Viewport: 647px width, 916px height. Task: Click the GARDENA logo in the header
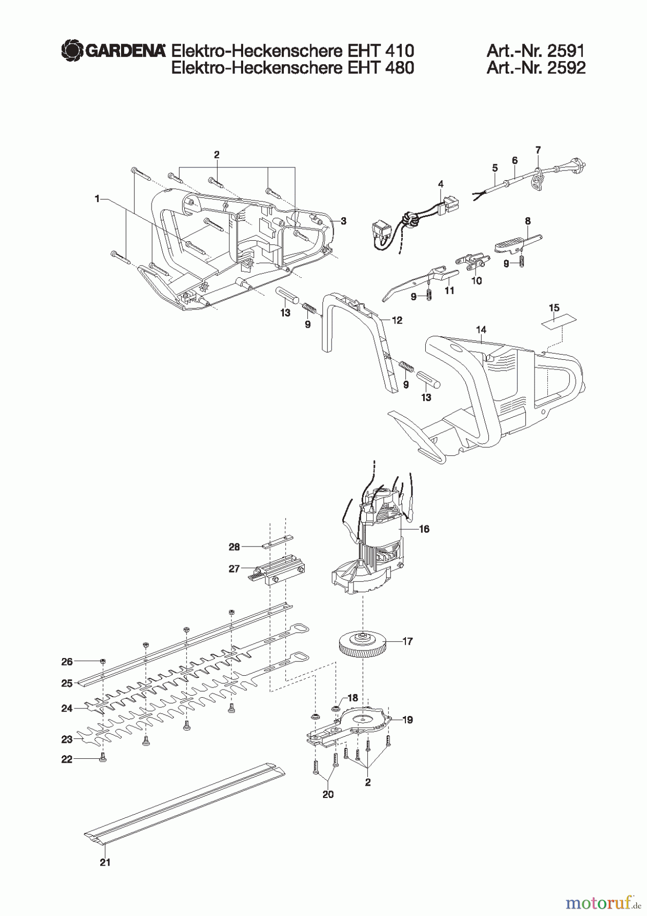coord(113,50)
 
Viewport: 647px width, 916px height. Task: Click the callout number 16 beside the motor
coord(424,529)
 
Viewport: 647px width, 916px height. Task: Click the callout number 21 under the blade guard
coord(105,862)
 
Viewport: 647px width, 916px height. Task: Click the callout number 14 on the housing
coord(481,330)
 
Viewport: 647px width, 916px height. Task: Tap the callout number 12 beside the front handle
coord(397,320)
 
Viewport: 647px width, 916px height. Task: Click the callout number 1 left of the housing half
coord(97,199)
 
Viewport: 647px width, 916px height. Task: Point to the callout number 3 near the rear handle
coord(343,221)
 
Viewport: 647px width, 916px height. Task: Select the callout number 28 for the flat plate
coord(234,547)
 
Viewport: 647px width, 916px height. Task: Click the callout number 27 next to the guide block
coord(234,569)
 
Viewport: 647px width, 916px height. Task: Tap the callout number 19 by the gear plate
coord(407,720)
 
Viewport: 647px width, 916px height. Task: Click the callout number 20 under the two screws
coord(328,794)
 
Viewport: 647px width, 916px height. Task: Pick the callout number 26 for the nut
coord(67,662)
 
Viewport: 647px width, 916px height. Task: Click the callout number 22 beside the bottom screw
coord(67,759)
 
